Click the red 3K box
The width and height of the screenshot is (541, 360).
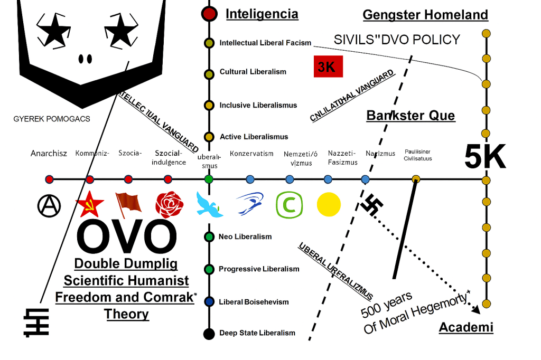coord(328,67)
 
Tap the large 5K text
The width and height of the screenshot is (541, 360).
coord(484,157)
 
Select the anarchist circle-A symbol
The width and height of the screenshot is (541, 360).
coord(49,205)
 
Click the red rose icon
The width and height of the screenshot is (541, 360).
coord(169,205)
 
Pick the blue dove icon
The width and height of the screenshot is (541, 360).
coord(209,205)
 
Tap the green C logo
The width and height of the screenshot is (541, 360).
coord(289,205)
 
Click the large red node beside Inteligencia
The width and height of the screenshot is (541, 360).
coord(209,14)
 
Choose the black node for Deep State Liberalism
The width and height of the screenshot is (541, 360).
coord(209,334)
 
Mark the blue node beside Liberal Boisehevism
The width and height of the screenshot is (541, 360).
coord(209,302)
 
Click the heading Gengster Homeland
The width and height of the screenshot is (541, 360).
coord(425,15)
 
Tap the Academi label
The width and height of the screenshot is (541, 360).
coord(466,328)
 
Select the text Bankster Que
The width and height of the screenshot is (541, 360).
coord(411,115)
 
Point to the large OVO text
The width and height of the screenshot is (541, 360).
coord(127,237)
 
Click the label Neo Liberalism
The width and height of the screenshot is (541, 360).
coord(245,237)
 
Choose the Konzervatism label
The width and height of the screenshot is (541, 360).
coord(251,154)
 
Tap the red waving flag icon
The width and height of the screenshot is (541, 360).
coord(128,205)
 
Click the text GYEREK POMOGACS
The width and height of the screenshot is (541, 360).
coord(52,119)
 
